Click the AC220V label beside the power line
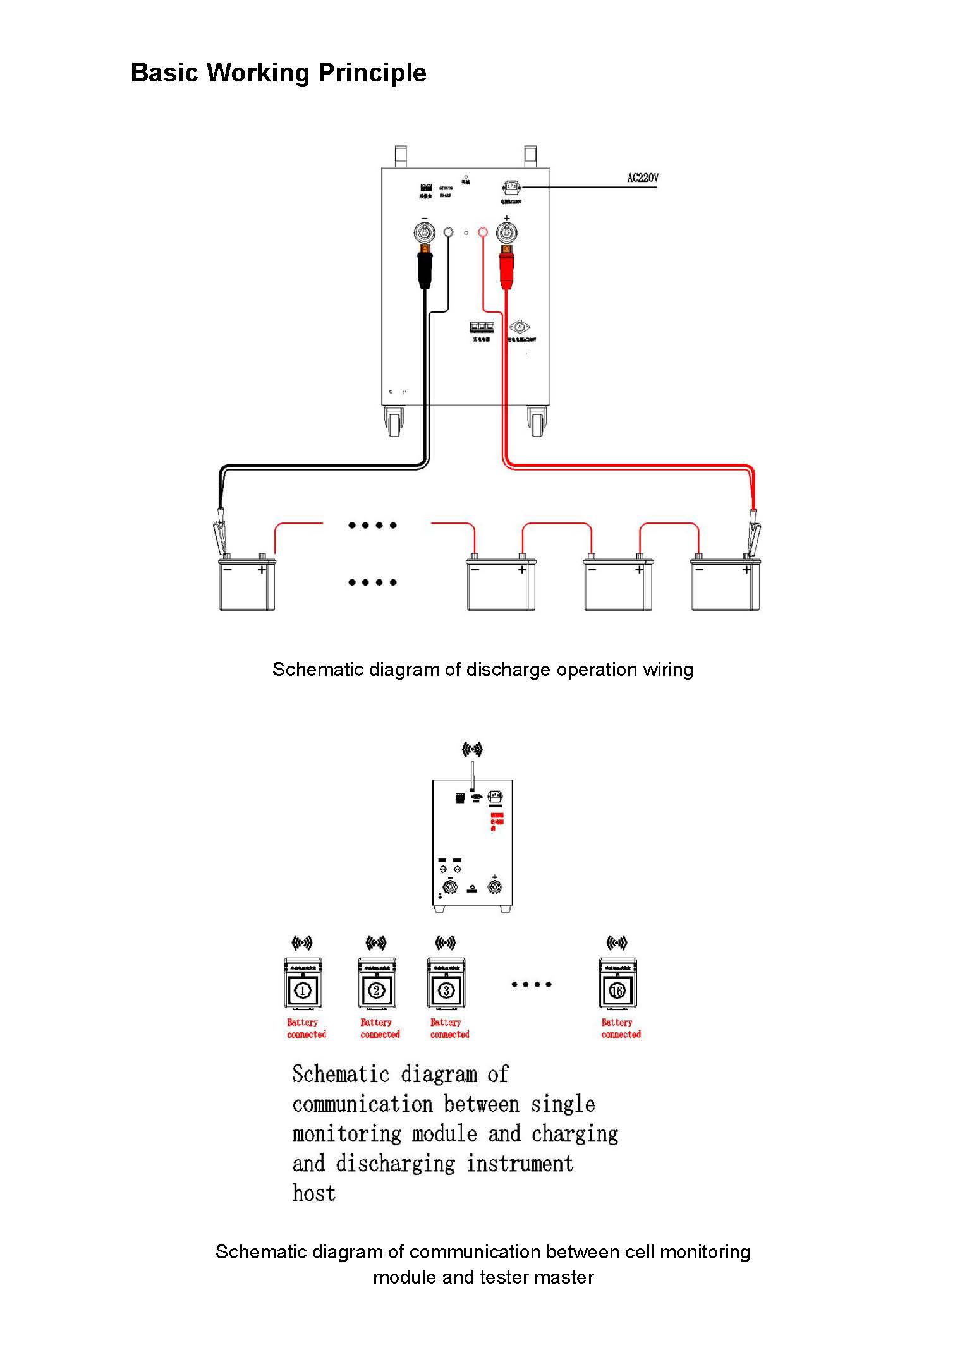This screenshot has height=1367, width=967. [x=642, y=178]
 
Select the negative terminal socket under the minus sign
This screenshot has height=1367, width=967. [x=424, y=233]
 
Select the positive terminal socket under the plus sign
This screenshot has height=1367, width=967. [x=506, y=233]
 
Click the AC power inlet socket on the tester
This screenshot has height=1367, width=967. [x=511, y=187]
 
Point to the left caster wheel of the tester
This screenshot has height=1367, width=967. [x=395, y=421]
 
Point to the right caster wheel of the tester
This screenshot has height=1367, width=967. [x=537, y=421]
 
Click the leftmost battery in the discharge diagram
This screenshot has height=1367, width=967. [x=247, y=585]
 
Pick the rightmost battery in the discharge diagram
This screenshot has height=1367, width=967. [x=726, y=585]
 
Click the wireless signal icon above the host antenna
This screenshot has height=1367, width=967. [x=472, y=749]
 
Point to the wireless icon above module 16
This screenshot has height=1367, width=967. [x=617, y=943]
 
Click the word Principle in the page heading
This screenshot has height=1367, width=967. [x=372, y=73]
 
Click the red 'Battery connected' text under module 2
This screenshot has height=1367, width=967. [x=380, y=1028]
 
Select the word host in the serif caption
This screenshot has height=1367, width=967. [x=313, y=1193]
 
